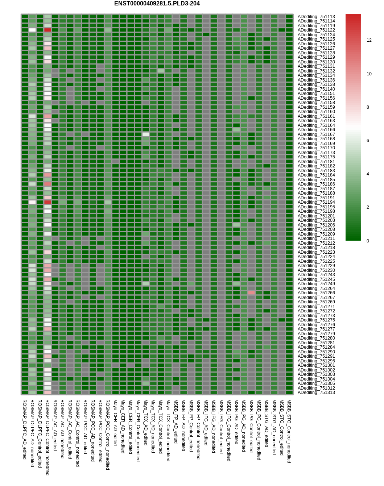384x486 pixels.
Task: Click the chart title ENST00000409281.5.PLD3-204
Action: tap(157, 4)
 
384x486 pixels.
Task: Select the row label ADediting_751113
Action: tap(316, 17)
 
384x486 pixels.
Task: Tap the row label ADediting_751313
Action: tap(316, 392)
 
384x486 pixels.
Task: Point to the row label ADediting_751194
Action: tap(316, 202)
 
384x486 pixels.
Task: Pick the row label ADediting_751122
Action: tap(316, 30)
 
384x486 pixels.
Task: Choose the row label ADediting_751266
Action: tap(316, 293)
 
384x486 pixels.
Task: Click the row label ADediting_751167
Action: tap(316, 134)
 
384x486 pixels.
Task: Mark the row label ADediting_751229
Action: tap(316, 266)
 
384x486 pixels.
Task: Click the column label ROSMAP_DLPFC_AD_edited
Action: tap(25, 429)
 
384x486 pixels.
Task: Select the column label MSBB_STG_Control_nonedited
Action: tap(289, 431)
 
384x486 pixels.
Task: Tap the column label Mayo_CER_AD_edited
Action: tap(115, 423)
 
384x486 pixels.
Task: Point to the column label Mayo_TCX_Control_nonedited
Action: tap(168, 430)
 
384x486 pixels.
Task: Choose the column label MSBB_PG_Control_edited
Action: tap(251, 426)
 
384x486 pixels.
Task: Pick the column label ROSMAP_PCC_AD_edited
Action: tap(85, 427)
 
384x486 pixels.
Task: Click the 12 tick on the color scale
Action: tap(369, 40)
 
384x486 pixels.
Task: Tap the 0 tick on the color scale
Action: tap(368, 241)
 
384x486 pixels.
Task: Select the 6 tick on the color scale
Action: tap(368, 141)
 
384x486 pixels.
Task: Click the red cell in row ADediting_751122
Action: tap(48, 30)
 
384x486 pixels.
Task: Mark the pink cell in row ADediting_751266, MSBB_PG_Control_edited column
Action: tap(251, 293)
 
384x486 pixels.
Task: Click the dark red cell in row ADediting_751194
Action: tap(48, 202)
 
